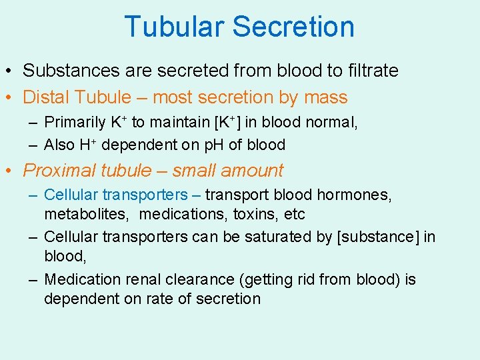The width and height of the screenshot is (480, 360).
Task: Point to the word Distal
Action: pyautogui.click(x=46, y=97)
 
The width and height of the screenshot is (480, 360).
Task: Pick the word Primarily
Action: pyautogui.click(x=75, y=123)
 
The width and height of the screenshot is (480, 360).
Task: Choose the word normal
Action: pyautogui.click(x=332, y=123)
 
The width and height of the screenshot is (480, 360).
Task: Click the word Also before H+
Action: pyautogui.click(x=59, y=145)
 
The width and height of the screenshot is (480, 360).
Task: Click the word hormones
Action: pyautogui.click(x=354, y=195)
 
